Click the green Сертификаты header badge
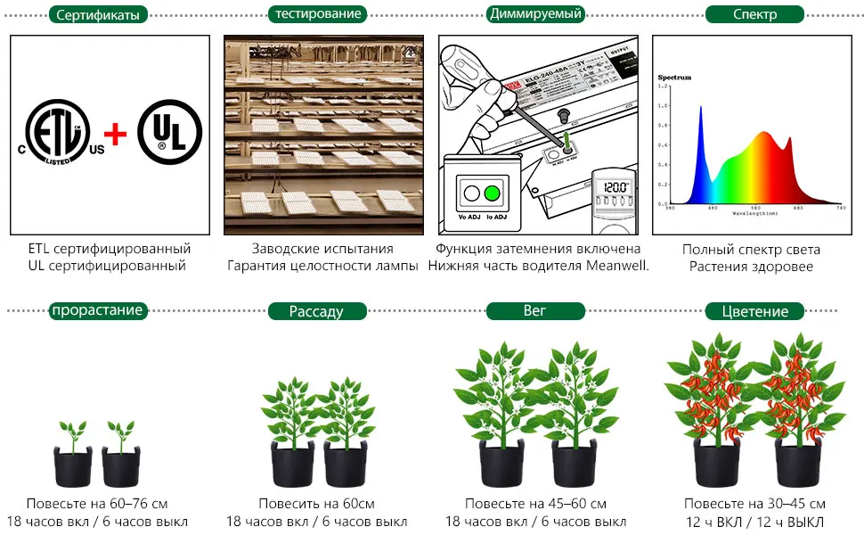(x=98, y=14)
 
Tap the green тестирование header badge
(x=318, y=13)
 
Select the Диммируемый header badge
(x=535, y=13)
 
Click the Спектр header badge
(x=754, y=14)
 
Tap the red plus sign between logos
(x=117, y=136)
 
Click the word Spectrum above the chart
(x=674, y=78)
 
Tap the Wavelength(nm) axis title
(x=755, y=215)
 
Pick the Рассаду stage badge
(x=316, y=311)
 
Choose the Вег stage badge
(x=535, y=311)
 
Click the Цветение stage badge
(x=755, y=311)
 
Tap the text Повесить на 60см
(x=316, y=504)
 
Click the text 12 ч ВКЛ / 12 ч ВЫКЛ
(x=754, y=522)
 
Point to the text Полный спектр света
(x=751, y=250)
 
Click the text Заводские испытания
(x=322, y=249)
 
